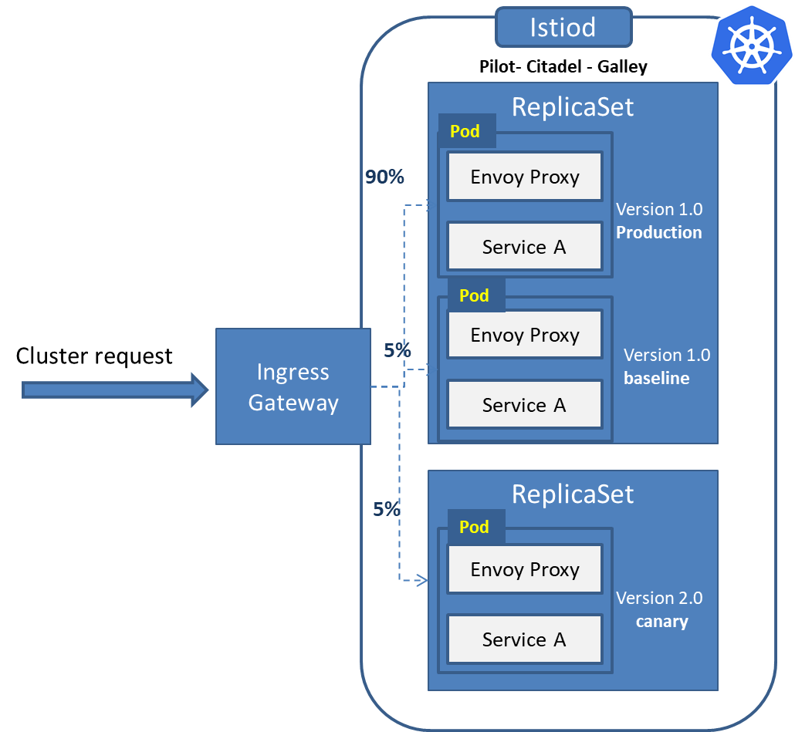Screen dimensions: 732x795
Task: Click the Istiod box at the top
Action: pos(563,28)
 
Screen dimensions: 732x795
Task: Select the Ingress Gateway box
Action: pos(293,386)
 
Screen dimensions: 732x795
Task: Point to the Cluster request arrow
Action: pos(115,390)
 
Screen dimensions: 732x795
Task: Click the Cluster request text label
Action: pos(94,356)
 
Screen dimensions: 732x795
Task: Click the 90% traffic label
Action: pos(384,177)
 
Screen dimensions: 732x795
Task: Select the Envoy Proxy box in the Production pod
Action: pos(524,177)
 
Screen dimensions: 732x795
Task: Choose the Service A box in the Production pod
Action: pos(524,247)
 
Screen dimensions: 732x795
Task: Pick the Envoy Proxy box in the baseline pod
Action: pos(524,335)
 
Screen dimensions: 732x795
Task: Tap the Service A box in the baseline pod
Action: pos(524,405)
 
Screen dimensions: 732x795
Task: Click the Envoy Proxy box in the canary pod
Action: pos(524,569)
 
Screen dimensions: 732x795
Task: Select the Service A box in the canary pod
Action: pos(524,639)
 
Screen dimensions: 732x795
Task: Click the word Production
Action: pos(658,232)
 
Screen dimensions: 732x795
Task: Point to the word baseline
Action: pos(656,379)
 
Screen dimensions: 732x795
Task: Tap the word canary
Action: pos(661,622)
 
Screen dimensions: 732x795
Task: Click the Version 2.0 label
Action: pos(659,598)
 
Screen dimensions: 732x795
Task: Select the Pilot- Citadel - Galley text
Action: pos(563,67)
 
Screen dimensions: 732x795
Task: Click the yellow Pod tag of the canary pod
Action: pos(474,527)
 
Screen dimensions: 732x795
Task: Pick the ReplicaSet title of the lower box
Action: pos(572,494)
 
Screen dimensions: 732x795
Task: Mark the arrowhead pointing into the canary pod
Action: pos(422,580)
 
